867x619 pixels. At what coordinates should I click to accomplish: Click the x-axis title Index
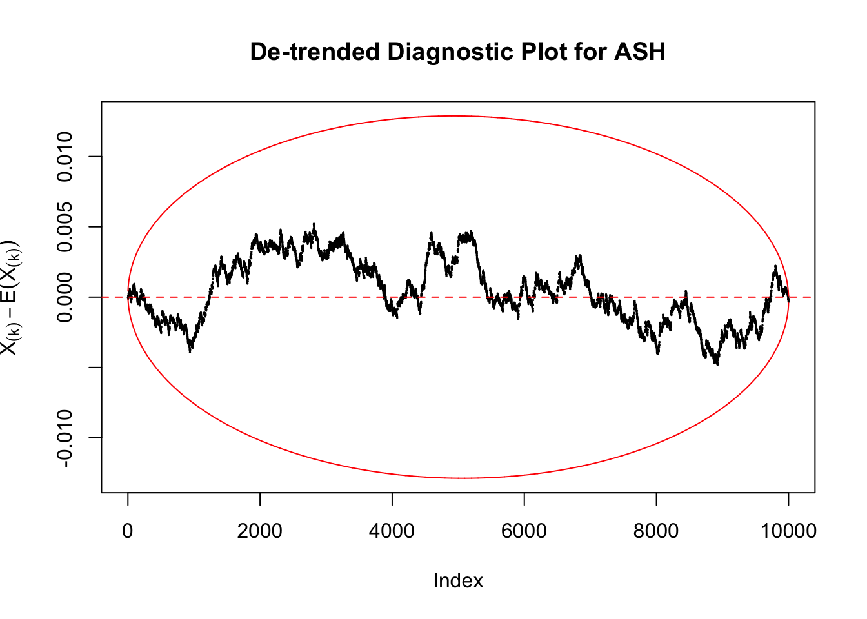[x=458, y=580]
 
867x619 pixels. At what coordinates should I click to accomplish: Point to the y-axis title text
[x=10, y=297]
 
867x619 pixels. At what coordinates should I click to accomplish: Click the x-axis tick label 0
[x=128, y=531]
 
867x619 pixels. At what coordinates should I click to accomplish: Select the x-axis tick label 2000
[x=259, y=531]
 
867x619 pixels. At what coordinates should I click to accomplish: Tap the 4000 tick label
[x=392, y=531]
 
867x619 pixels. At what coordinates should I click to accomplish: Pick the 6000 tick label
[x=524, y=531]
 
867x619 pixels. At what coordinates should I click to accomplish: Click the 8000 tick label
[x=656, y=531]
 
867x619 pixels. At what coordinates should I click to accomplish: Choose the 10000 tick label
[x=788, y=531]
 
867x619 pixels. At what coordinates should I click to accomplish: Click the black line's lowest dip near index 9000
[x=716, y=364]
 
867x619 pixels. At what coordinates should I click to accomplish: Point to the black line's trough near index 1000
[x=190, y=351]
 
